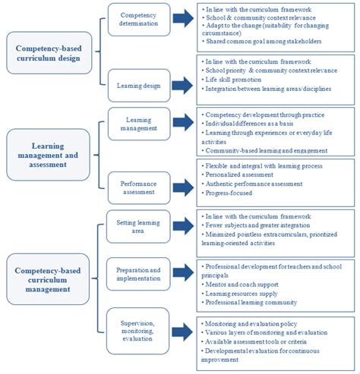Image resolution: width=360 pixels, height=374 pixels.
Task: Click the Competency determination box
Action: pyautogui.click(x=138, y=19)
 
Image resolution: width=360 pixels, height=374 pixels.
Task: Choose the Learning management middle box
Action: pyautogui.click(x=138, y=123)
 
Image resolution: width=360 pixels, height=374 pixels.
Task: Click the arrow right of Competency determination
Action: pyautogui.click(x=185, y=19)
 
